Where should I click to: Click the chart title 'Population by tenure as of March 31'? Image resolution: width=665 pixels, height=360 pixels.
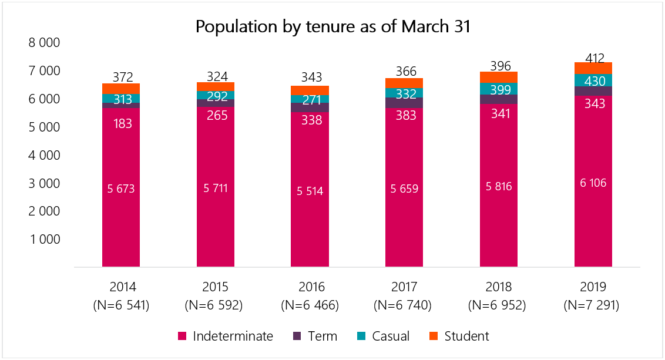tap(332, 27)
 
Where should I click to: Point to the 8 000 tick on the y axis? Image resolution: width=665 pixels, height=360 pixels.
tap(45, 43)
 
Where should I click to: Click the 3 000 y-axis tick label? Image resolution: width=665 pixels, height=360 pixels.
tap(45, 183)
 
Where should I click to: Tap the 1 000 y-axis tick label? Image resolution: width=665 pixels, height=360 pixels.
tap(45, 240)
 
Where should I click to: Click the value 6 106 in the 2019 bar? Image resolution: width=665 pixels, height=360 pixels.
tap(593, 183)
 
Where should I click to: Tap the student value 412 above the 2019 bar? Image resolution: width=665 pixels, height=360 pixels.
tap(593, 58)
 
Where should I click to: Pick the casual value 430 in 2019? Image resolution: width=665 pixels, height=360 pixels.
tap(593, 80)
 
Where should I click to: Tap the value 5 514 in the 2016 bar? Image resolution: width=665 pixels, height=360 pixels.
tap(310, 191)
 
